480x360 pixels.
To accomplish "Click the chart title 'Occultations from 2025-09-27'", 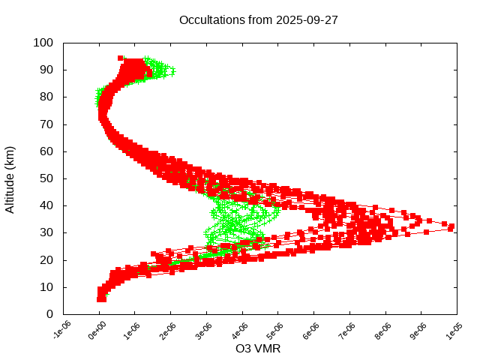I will coord(258,20).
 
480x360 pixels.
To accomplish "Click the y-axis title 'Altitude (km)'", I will coord(10,178).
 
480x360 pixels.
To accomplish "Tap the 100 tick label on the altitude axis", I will coord(43,43).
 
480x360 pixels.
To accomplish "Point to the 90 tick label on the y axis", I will coord(46,70).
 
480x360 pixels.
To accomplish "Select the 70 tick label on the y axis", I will coord(46,124).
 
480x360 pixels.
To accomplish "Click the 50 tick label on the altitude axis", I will coord(46,178).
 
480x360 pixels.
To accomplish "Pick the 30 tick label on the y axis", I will coord(46,232).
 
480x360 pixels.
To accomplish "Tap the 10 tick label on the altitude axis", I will coord(46,287).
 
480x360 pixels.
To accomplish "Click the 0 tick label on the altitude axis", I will coord(49,314).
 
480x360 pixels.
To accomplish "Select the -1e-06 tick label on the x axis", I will coord(62,331).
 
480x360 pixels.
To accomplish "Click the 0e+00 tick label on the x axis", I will coord(98,331).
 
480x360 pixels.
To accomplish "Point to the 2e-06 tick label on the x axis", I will coord(170,331).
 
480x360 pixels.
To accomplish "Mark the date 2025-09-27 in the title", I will coord(307,20).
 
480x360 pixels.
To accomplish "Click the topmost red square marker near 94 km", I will coord(121,58).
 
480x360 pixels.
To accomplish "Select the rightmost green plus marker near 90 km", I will coord(172,70).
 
